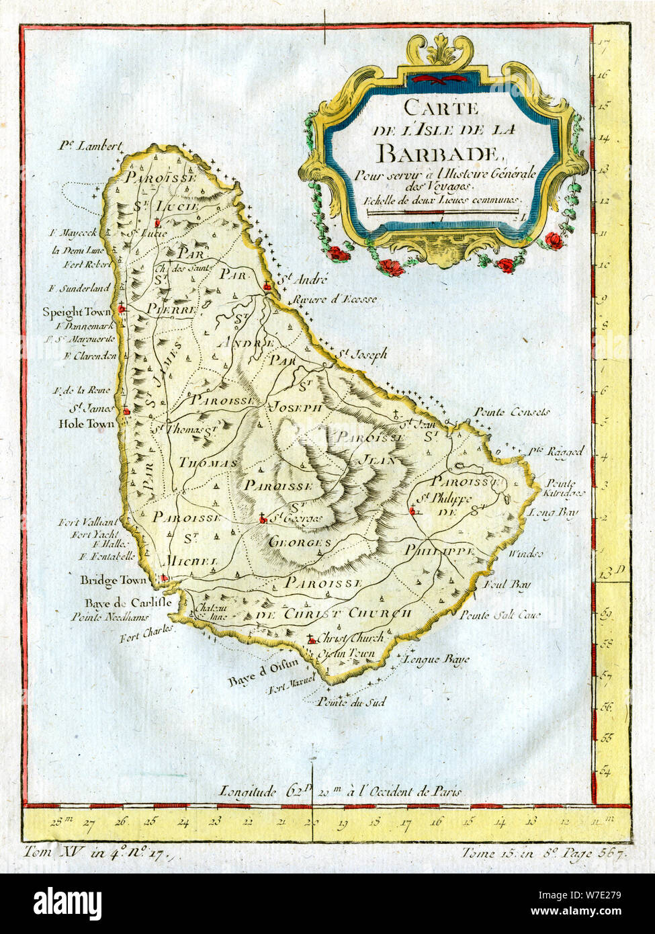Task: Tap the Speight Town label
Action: tap(72, 312)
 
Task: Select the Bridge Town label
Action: tap(104, 580)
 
